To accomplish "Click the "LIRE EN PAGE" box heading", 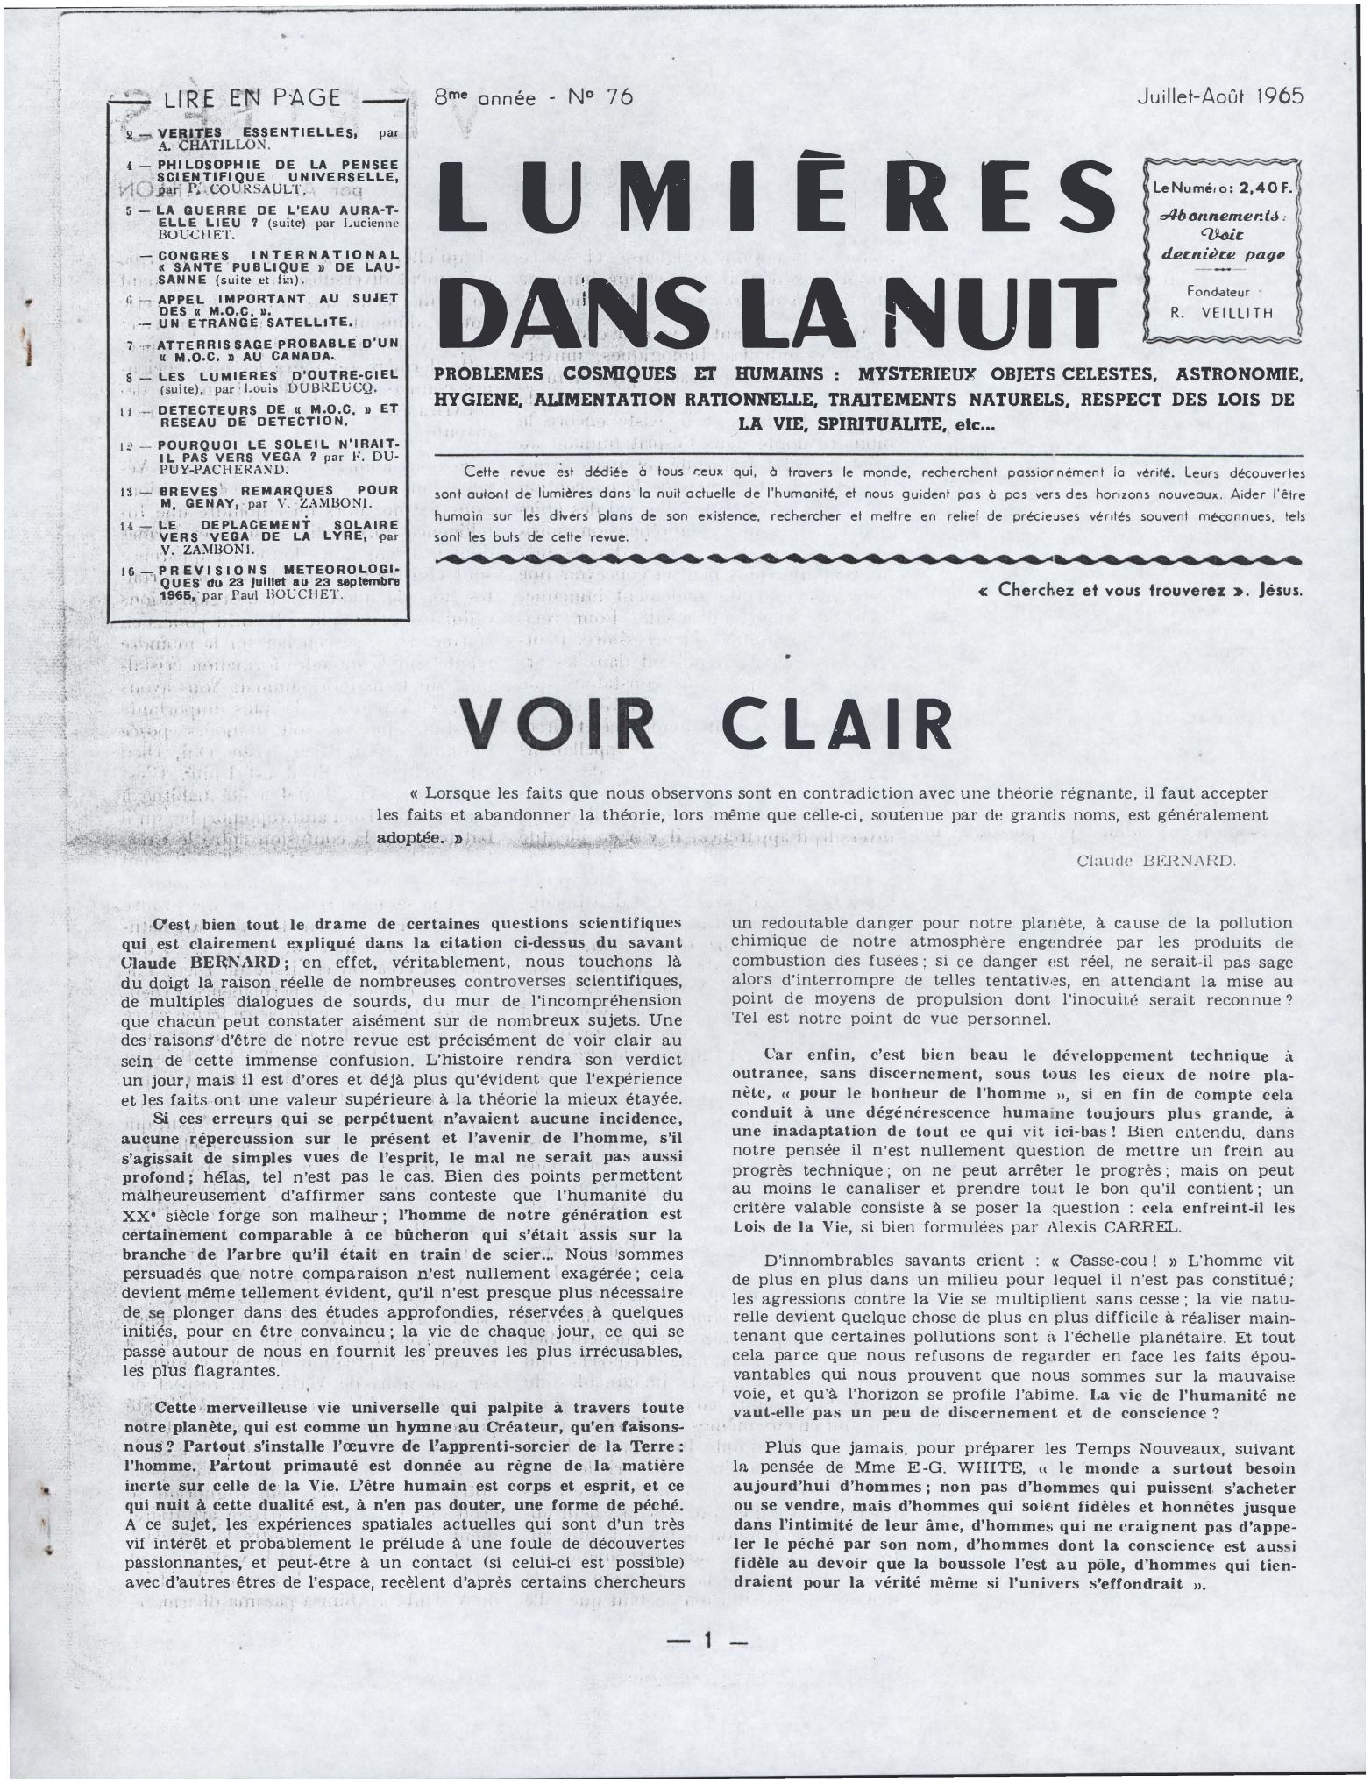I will click(x=252, y=98).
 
